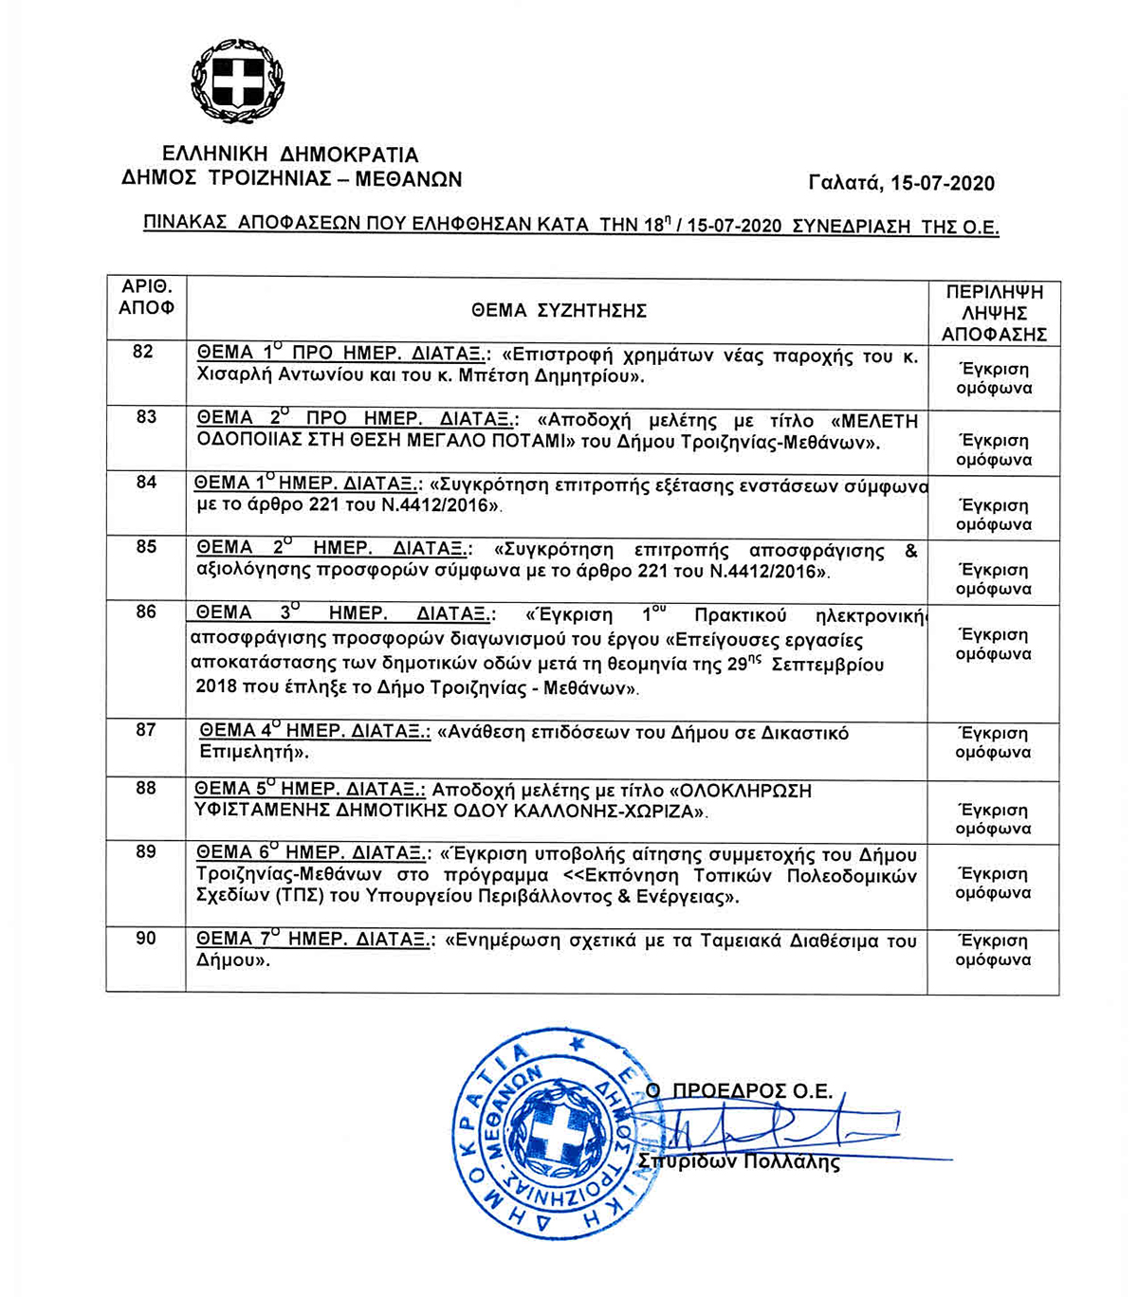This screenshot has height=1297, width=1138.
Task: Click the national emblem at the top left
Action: (237, 82)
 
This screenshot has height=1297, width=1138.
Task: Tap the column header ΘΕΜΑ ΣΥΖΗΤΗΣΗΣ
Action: (559, 310)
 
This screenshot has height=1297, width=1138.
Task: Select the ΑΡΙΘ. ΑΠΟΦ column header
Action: (146, 297)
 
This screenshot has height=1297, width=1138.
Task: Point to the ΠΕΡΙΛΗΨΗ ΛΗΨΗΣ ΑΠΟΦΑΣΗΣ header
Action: (993, 313)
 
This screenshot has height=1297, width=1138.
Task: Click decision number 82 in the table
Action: (143, 352)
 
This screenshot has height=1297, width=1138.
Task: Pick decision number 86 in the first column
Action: (146, 612)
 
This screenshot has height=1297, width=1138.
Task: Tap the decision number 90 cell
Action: (146, 939)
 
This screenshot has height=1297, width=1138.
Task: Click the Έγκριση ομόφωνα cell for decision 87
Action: (993, 742)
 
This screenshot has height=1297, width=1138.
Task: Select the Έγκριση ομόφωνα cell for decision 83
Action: (993, 450)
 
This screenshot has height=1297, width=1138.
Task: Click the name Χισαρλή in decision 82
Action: (232, 376)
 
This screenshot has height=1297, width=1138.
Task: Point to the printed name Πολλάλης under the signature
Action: (794, 1163)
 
